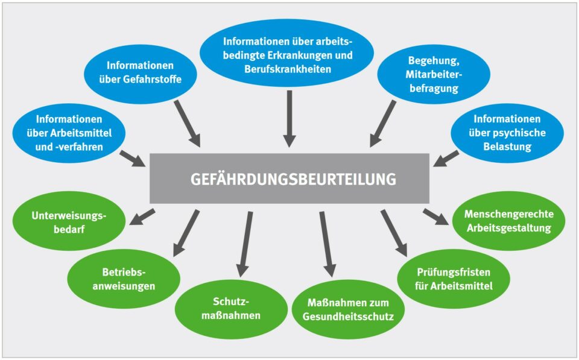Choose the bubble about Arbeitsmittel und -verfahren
(x=65, y=133)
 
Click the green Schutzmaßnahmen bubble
(x=231, y=308)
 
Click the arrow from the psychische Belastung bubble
(x=446, y=159)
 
